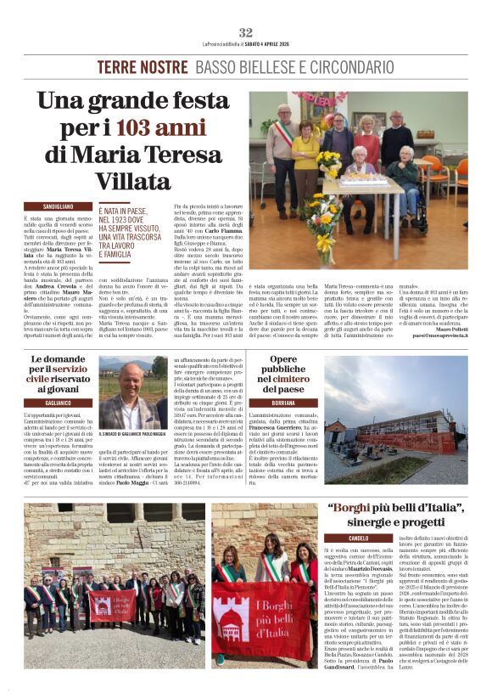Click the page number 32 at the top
coord(246,32)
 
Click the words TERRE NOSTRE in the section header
coord(142,67)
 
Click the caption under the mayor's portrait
coord(132,433)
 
